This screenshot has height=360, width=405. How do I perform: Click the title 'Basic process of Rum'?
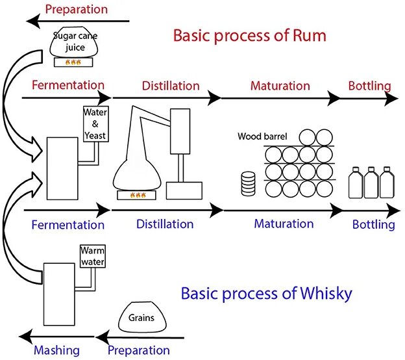click(249, 34)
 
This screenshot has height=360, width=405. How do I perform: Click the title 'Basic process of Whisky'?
click(266, 293)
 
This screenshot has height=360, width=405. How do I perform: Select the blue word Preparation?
click(138, 350)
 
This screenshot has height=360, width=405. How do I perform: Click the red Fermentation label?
click(67, 85)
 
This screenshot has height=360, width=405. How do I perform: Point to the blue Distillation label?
click(165, 224)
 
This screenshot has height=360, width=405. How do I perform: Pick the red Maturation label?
click(280, 85)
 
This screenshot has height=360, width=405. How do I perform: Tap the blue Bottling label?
click(373, 225)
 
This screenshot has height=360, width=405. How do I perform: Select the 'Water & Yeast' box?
click(95, 123)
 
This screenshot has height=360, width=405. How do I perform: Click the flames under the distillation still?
click(138, 194)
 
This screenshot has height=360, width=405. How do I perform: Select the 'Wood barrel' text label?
click(262, 137)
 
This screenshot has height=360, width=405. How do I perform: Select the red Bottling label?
click(369, 85)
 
